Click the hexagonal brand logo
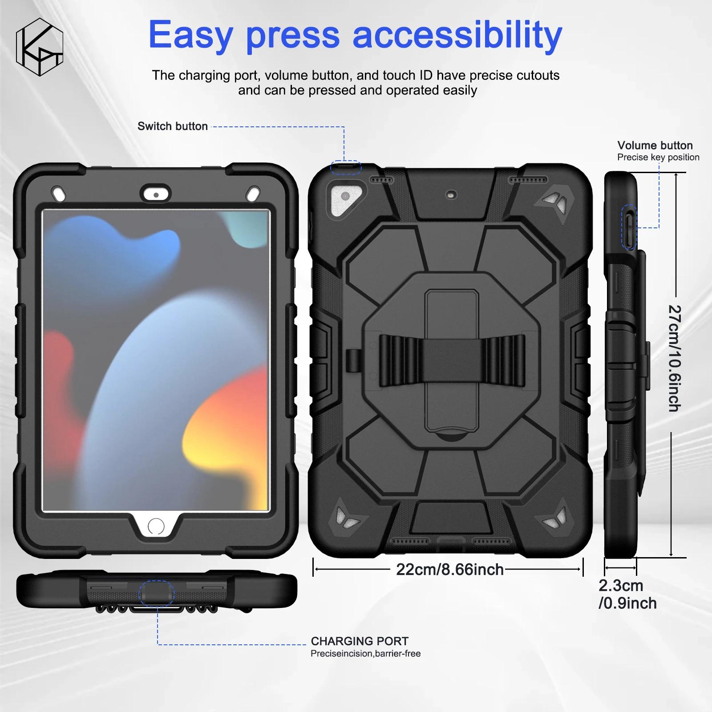coord(39,47)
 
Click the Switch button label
coord(172,126)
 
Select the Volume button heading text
coord(655,146)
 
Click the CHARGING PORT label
coord(360,641)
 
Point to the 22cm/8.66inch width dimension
coord(449,570)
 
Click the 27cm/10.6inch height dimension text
coord(675,358)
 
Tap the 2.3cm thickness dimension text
coord(621,586)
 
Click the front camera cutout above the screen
coord(156,195)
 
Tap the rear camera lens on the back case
coord(345,196)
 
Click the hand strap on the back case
coord(452,361)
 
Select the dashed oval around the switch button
coord(345,167)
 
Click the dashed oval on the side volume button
coord(629,227)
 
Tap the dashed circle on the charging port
coord(156,593)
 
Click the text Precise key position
coord(658,158)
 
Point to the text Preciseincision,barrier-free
coord(365,654)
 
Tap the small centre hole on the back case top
coord(452,195)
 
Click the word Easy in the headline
coord(190,36)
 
